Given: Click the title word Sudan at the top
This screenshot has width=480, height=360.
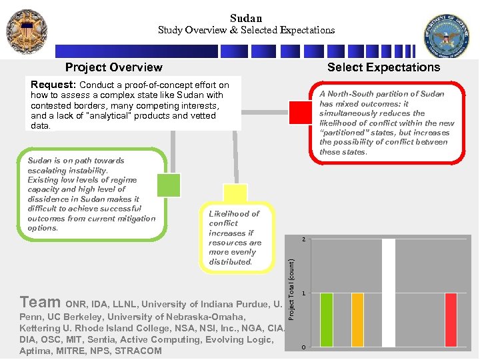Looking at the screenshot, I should click(x=246, y=18).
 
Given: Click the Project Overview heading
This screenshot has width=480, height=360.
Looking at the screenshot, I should click(x=113, y=67).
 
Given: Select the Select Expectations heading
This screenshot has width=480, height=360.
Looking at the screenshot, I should click(x=383, y=67).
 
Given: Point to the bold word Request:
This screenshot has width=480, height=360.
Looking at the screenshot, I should click(x=54, y=85).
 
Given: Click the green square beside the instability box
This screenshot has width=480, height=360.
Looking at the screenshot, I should click(x=169, y=185).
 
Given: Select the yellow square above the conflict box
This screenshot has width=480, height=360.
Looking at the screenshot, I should click(x=235, y=193).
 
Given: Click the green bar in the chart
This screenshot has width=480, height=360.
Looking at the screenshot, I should click(x=326, y=319).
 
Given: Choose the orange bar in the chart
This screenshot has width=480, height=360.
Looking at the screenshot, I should click(x=357, y=319).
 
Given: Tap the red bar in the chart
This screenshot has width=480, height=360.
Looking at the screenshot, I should click(x=451, y=319).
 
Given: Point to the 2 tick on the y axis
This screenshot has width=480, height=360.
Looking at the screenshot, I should click(x=303, y=239).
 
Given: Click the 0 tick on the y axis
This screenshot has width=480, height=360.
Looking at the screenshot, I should click(x=303, y=348).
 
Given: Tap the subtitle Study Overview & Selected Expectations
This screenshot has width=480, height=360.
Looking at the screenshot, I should click(x=246, y=30).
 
